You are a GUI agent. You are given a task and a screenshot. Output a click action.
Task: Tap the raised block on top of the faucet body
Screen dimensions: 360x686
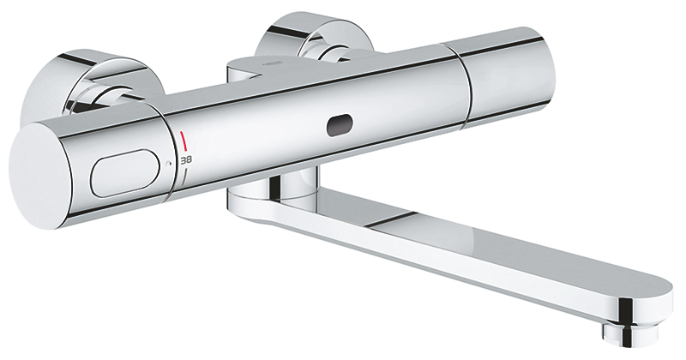(257, 68)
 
